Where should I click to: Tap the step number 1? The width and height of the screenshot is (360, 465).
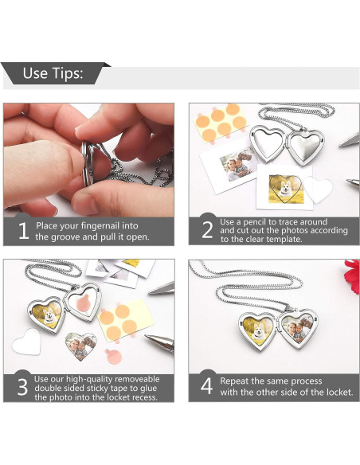[x=24, y=230]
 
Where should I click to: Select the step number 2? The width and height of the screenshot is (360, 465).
[x=207, y=229]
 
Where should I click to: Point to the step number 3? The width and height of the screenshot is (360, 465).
[x=22, y=387]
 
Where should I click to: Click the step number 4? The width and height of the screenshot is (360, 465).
[x=207, y=386]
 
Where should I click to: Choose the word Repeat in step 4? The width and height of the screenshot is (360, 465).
[x=234, y=381]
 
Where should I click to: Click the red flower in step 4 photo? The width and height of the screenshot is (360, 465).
[x=352, y=275]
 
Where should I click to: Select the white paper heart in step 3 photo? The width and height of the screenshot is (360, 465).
[x=27, y=342]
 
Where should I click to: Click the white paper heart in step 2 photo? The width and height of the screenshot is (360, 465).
[x=319, y=190]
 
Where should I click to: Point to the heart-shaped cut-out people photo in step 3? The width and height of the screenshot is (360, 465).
[x=81, y=346]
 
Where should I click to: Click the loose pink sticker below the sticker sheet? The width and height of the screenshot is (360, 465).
[x=113, y=357]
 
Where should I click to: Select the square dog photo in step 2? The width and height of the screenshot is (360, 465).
[x=286, y=190]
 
